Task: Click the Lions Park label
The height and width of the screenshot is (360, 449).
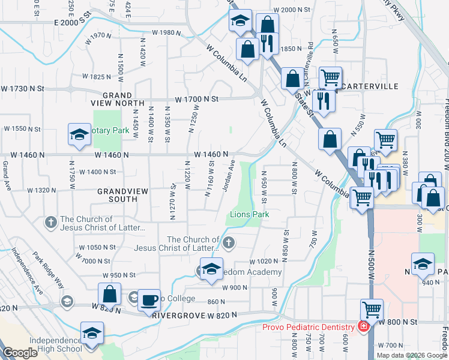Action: [249, 214]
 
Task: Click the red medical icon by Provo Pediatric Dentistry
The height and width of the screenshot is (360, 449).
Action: [363, 326]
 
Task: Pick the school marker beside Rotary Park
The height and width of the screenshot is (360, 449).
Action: [79, 136]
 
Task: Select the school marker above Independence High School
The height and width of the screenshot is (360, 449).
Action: [92, 333]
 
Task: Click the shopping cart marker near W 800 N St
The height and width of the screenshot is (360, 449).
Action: [372, 311]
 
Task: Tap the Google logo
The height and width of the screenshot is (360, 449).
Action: [20, 353]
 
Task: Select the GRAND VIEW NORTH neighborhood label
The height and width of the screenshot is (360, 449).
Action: [117, 99]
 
